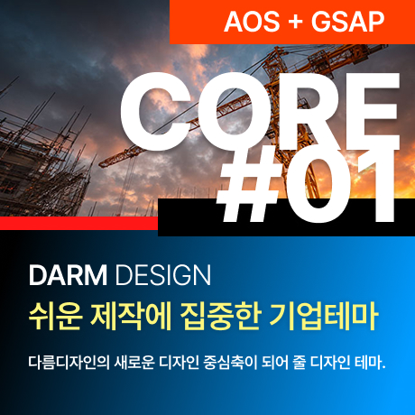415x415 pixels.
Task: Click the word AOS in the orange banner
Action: pyautogui.click(x=247, y=20)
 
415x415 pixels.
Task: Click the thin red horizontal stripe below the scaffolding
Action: pyautogui.click(x=72, y=222)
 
